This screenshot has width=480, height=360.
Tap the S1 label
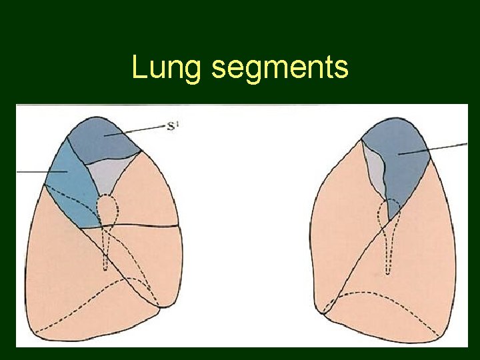tap(174, 125)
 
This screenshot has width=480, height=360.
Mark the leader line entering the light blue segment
tap(40, 171)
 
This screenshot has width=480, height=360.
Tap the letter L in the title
tap(139, 67)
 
